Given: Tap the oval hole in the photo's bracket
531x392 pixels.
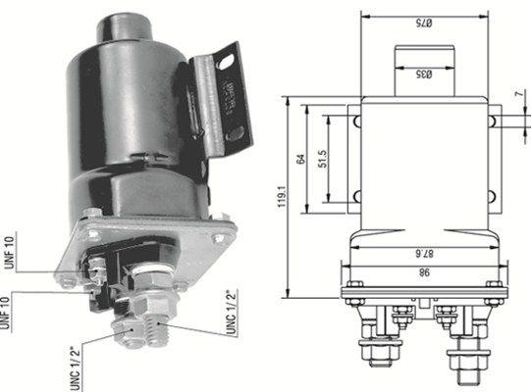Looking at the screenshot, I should [x=229, y=63].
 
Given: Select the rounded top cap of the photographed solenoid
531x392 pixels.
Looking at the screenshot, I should [x=124, y=26].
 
